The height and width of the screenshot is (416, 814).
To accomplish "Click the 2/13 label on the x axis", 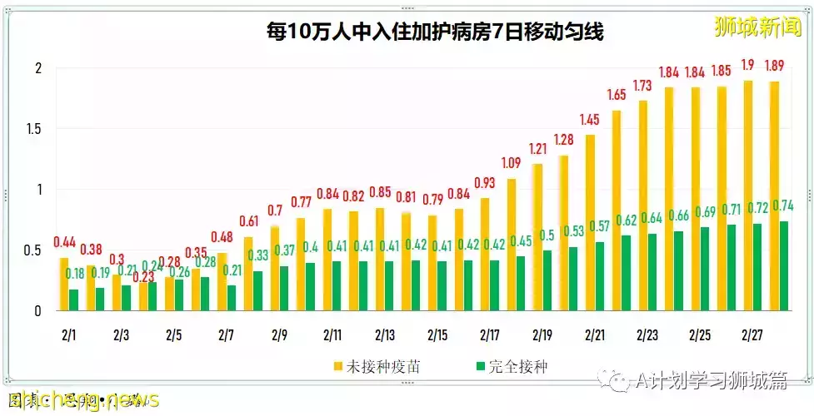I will [385, 335].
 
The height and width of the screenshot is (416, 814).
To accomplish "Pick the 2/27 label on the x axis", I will [752, 335].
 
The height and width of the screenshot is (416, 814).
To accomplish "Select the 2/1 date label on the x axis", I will [68, 335].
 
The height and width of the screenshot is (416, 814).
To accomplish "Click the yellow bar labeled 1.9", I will [748, 196].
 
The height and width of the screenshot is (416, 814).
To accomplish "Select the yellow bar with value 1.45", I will [590, 222].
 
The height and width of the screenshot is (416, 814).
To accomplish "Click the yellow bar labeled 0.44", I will [64, 284].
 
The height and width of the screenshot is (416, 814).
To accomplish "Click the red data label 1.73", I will [642, 87].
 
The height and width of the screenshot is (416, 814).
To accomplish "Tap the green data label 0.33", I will [259, 255].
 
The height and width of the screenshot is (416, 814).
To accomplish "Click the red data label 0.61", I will [247, 222].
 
